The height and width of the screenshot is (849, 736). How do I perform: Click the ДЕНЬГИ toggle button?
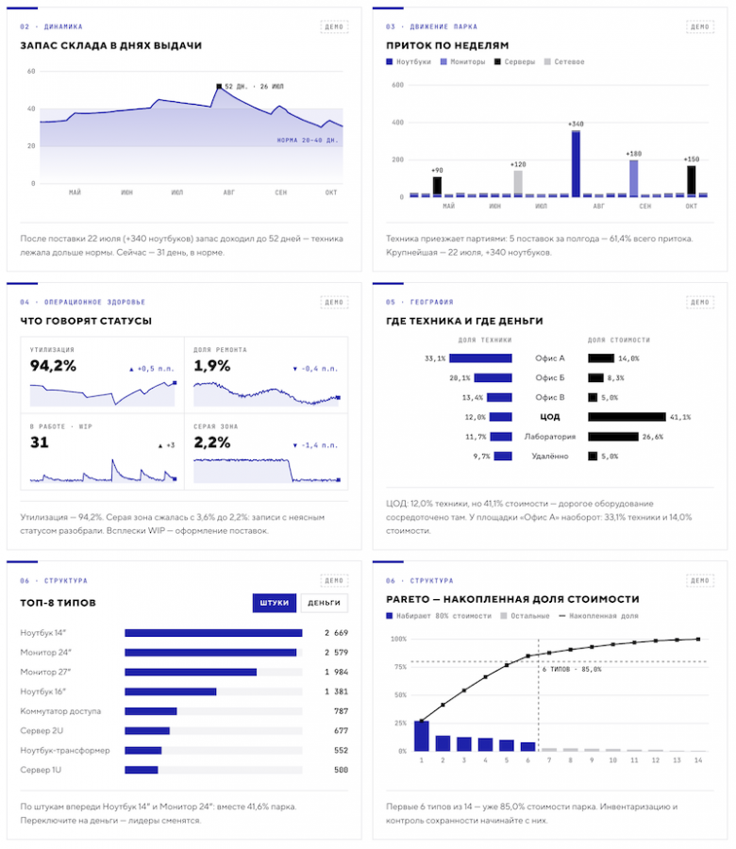(324, 603)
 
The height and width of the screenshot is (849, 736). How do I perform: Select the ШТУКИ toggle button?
(274, 603)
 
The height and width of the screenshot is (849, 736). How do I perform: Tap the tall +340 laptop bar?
(576, 162)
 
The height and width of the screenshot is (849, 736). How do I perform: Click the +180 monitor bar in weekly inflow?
(634, 178)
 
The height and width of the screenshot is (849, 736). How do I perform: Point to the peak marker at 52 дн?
(219, 86)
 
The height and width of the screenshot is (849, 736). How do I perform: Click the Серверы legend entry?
(514, 61)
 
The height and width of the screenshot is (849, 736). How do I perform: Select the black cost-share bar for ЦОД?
(627, 417)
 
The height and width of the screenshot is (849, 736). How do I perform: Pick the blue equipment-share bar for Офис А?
(480, 358)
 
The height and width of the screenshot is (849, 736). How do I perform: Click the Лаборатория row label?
(550, 437)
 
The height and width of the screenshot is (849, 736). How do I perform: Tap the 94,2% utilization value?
(53, 366)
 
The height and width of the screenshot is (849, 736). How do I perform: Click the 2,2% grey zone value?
(212, 443)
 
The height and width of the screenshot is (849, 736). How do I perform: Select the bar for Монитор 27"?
(191, 672)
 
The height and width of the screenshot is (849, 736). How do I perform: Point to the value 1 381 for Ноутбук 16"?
(336, 691)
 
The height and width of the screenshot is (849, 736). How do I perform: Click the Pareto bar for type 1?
(422, 736)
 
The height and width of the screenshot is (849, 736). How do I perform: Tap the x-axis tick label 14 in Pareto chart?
(698, 760)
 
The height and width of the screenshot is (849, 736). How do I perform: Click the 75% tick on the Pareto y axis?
(398, 667)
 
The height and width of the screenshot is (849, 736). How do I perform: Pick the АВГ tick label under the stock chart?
(229, 192)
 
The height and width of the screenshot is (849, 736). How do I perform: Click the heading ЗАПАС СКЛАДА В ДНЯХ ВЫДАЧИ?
(111, 45)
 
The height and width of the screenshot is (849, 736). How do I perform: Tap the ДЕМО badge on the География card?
(700, 302)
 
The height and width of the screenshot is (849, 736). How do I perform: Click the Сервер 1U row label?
(41, 770)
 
